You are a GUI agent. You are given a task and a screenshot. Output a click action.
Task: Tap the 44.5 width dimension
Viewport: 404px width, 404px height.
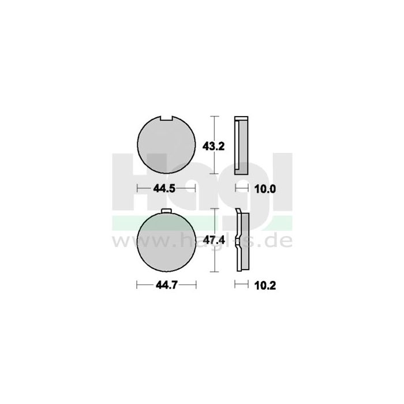coord(166,189)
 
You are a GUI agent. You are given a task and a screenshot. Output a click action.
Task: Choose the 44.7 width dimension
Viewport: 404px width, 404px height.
coord(166,285)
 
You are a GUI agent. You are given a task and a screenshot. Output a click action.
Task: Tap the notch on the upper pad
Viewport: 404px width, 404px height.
coord(167,119)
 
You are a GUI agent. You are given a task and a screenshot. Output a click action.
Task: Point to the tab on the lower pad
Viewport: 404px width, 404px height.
coord(166,211)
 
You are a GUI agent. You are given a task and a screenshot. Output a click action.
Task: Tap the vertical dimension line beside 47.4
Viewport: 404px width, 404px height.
coord(215,240)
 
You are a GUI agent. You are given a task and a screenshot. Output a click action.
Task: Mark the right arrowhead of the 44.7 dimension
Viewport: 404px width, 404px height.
coord(195,285)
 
